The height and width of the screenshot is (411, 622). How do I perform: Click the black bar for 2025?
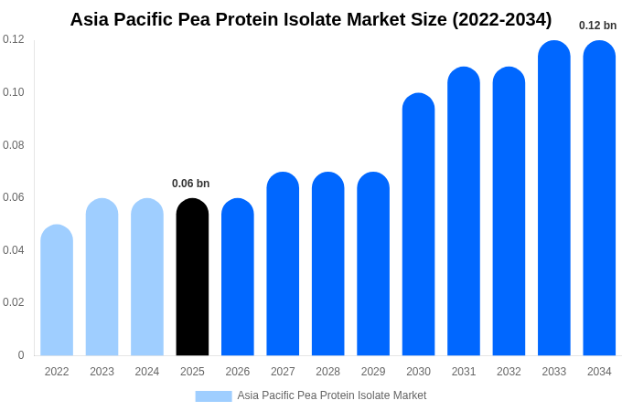tap(192, 278)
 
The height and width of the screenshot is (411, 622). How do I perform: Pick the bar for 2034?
tap(599, 198)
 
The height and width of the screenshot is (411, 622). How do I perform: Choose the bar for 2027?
tap(283, 264)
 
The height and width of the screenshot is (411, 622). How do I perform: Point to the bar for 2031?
tap(464, 212)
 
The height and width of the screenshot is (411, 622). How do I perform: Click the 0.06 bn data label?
tap(190, 184)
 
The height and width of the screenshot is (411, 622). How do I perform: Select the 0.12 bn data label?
tap(597, 26)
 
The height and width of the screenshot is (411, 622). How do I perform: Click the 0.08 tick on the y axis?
tap(14, 145)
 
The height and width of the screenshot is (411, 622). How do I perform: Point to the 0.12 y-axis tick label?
tap(14, 39)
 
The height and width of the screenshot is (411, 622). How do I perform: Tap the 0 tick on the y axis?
tap(21, 355)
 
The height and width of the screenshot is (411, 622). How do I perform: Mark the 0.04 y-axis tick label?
tap(14, 250)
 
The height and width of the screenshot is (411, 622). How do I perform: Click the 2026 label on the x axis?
tap(238, 372)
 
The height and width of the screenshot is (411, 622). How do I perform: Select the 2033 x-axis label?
tap(554, 372)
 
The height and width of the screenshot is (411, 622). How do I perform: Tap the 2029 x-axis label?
tap(373, 372)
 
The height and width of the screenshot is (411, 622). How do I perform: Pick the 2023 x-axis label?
tap(102, 372)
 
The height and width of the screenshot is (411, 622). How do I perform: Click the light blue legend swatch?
tap(213, 395)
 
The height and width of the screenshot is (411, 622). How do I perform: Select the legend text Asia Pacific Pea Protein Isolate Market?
tap(332, 395)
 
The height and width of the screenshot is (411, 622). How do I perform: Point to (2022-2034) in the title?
tap(501, 19)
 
